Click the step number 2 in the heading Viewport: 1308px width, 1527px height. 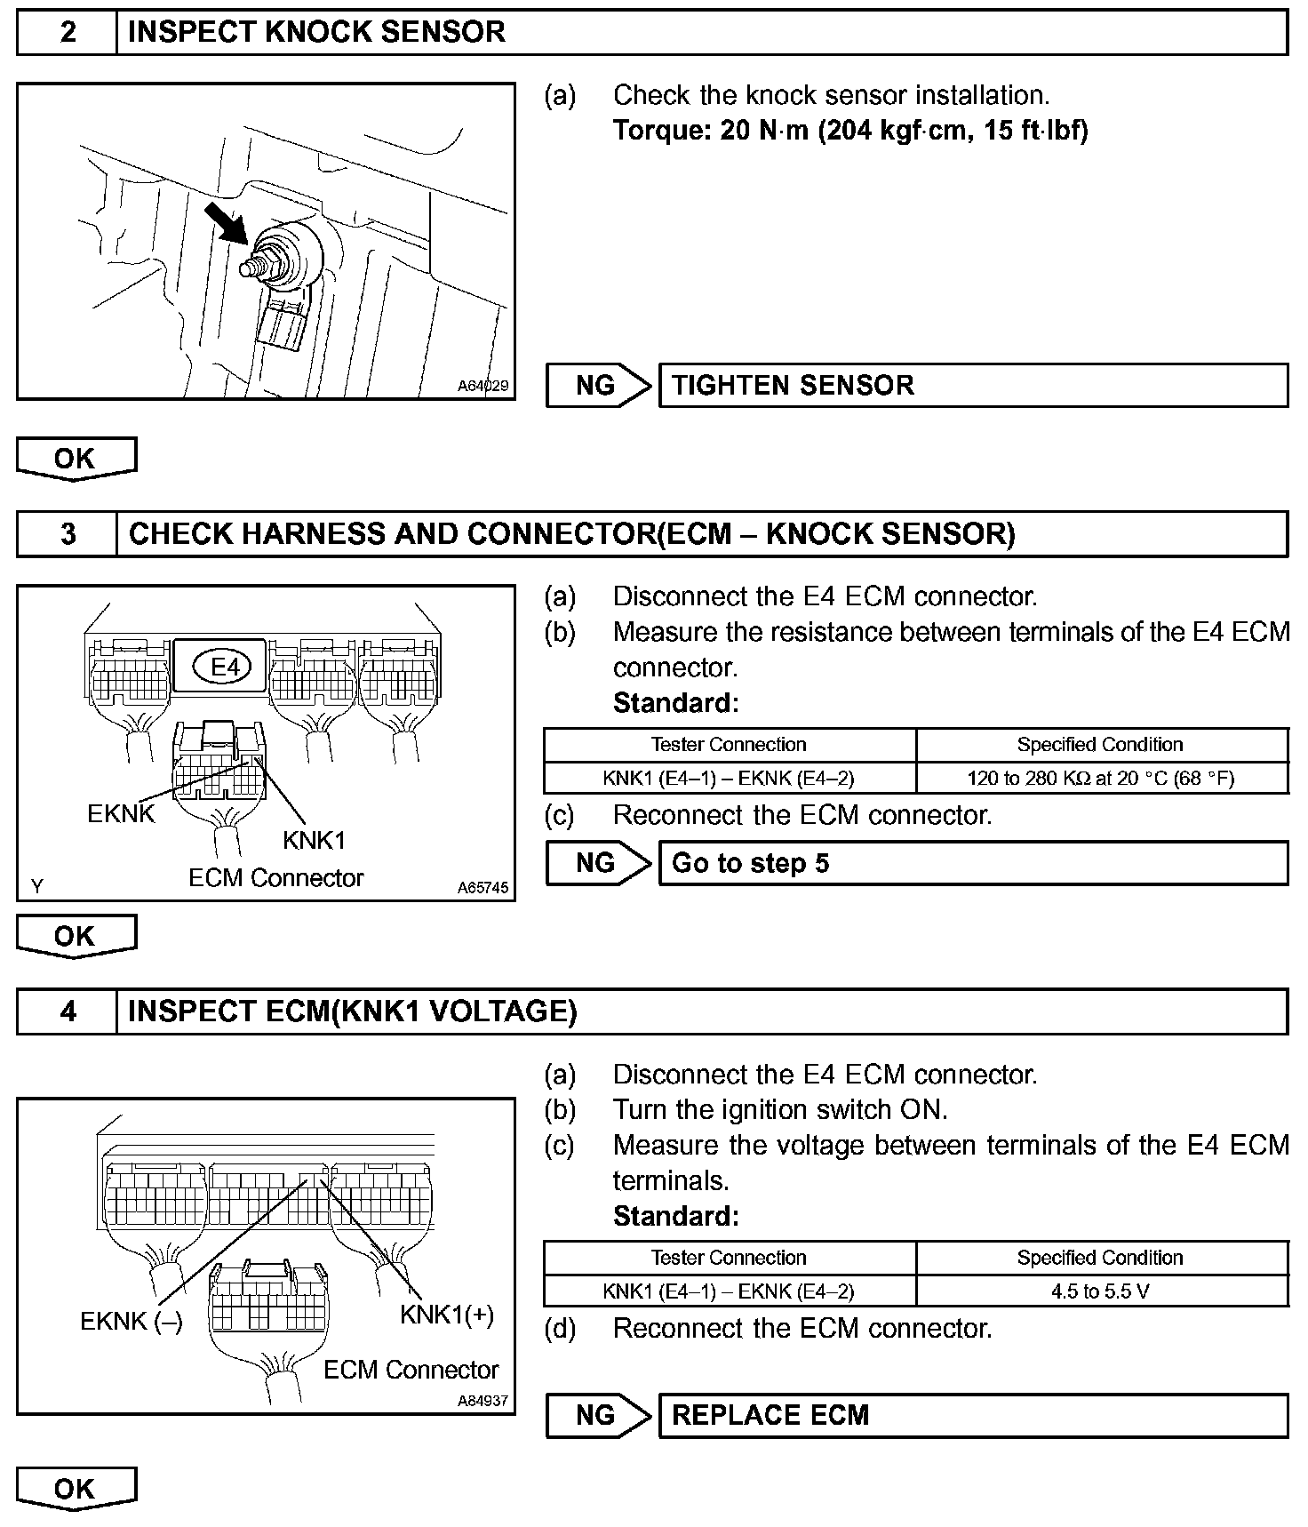(68, 33)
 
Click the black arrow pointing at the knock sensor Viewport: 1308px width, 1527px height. (226, 222)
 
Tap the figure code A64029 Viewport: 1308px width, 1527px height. (483, 386)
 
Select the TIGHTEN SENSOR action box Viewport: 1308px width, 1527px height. (972, 386)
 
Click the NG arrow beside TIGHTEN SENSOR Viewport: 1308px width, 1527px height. (598, 386)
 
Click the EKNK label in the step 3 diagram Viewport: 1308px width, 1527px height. (121, 813)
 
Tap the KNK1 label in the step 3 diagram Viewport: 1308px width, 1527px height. (314, 840)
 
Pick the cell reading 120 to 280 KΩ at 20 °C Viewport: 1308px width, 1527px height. (1101, 779)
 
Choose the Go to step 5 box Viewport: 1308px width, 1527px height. (972, 863)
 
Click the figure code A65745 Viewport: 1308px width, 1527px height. (483, 887)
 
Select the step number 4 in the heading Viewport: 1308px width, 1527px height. (68, 1011)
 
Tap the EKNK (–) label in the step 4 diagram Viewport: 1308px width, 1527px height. (132, 1321)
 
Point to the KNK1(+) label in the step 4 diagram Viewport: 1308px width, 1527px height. (446, 1315)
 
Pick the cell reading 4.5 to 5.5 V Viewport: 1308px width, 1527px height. (1101, 1291)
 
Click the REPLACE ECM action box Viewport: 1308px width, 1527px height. (972, 1415)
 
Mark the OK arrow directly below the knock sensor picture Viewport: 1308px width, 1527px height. (76, 459)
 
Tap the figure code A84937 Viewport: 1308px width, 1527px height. (483, 1401)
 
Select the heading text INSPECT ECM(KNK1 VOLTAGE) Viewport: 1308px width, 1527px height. (353, 1011)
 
